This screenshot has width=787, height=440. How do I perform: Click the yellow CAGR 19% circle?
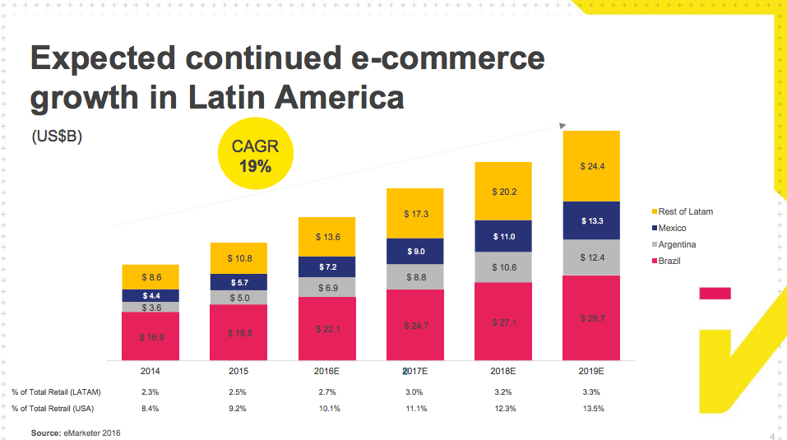[255, 157]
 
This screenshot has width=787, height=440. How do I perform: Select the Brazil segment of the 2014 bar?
[150, 336]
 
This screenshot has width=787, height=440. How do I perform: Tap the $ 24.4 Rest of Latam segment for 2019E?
[591, 166]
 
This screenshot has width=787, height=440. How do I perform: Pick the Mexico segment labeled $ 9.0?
[415, 251]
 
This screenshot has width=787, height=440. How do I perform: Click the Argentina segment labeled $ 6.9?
[327, 287]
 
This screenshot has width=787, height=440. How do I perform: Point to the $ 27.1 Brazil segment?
[503, 322]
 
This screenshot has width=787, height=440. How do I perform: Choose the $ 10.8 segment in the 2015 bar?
[238, 258]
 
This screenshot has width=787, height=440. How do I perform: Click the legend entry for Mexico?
[672, 228]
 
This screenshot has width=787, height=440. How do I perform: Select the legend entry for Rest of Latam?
[685, 211]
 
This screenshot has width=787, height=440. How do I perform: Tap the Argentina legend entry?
[677, 244]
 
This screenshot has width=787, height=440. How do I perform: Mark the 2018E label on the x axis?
[503, 372]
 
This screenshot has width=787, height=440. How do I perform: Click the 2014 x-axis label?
[150, 372]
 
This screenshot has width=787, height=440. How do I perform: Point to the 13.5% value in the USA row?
[591, 408]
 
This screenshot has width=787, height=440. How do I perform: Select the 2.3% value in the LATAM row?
[150, 391]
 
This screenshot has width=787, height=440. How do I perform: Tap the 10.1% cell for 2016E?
[327, 408]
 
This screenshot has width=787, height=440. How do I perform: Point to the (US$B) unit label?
[56, 137]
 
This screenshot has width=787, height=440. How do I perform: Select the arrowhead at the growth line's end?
[562, 126]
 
